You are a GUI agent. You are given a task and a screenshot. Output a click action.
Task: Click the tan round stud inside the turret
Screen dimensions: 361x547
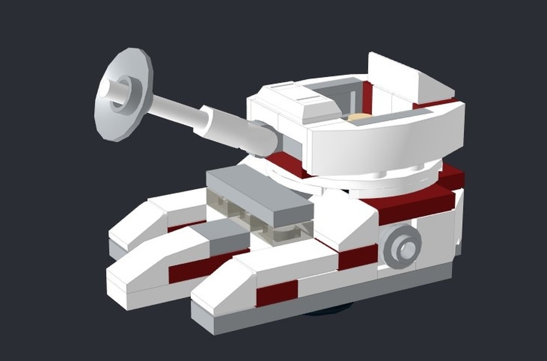tap(358, 117)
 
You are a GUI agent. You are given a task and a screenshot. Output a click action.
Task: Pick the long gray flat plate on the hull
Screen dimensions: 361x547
tap(257, 194)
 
